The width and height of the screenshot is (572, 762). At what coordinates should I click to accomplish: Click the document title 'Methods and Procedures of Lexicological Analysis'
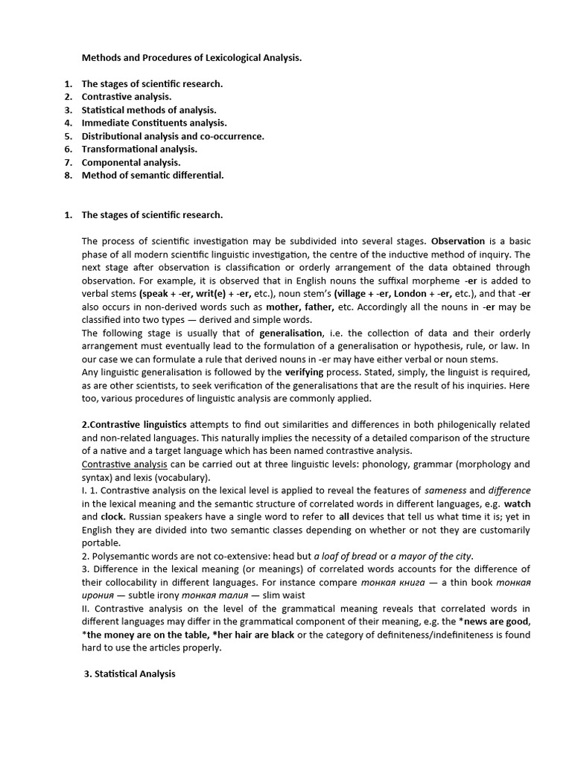[x=191, y=57]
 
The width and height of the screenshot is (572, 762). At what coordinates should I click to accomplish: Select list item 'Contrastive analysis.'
[x=126, y=97]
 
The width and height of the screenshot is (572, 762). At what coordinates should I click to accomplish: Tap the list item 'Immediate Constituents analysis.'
[x=154, y=123]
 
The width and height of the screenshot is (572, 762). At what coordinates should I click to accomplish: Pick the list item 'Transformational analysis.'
[x=139, y=149]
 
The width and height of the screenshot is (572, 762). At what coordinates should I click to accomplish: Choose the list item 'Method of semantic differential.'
[x=152, y=175]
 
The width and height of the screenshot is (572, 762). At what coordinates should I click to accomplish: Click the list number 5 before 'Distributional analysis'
[x=68, y=136]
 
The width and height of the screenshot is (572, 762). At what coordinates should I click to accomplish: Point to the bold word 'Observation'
[x=458, y=241]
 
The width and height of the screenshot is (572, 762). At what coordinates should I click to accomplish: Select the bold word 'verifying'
[x=308, y=371]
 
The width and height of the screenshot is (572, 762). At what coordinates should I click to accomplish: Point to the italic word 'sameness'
[x=445, y=490]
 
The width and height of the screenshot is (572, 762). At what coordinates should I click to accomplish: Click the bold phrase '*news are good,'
[x=498, y=621]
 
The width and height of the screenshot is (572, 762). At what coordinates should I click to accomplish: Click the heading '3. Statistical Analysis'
[x=130, y=673]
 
